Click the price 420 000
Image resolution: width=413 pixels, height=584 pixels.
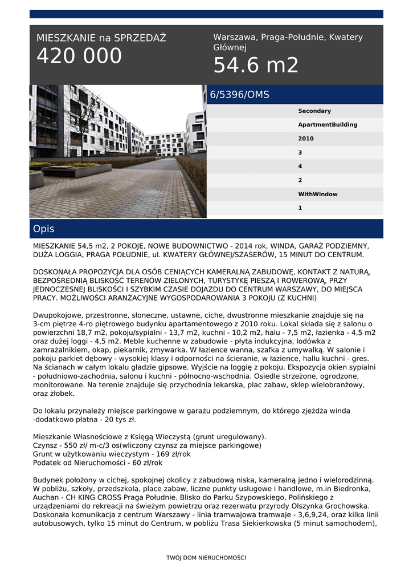[x=79, y=56]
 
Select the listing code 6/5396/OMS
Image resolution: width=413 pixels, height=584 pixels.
[x=240, y=95]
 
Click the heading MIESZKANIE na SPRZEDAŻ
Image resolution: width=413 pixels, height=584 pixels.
[x=101, y=38]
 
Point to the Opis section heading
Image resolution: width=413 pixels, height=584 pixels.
[x=44, y=229]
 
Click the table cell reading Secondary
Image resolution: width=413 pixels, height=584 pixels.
[x=314, y=111]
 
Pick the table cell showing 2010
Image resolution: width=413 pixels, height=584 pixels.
[x=306, y=139]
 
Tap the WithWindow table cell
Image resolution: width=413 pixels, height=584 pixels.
[x=318, y=194]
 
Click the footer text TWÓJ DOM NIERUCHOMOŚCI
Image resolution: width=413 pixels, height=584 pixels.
[x=206, y=558]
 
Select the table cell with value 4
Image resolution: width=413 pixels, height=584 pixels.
[x=300, y=167]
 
